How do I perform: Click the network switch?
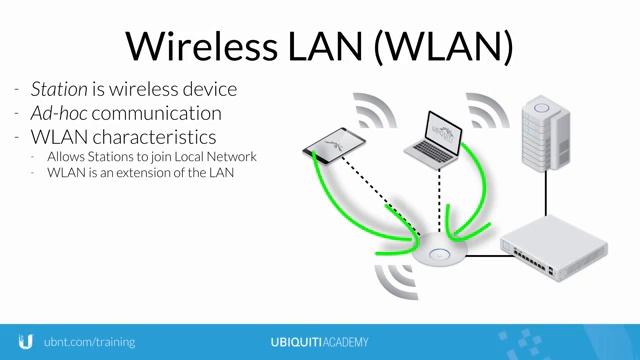554,246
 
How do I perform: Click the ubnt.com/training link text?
89,342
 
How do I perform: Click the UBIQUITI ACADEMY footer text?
319,342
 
